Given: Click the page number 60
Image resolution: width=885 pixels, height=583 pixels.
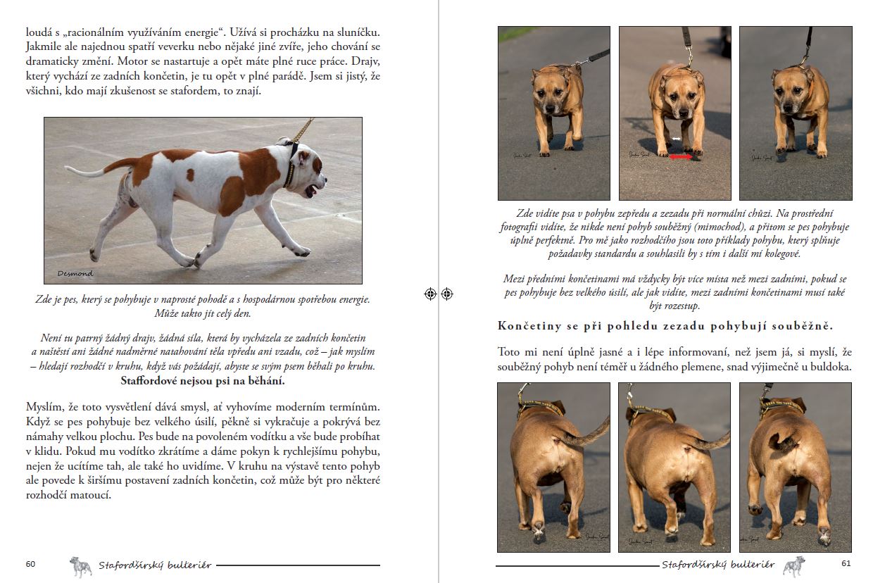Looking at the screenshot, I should pos(30,564).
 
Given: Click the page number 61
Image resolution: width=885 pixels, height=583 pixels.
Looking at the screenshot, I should pos(846,564).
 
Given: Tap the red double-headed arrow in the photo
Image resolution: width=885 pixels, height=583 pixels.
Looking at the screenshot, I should pos(680,158).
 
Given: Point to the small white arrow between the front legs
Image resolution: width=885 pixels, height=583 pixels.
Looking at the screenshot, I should pos(676,139).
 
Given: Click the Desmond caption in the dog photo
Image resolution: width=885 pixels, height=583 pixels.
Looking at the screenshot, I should pos(75,273).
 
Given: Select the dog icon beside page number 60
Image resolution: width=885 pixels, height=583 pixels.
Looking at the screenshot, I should pos(81,566).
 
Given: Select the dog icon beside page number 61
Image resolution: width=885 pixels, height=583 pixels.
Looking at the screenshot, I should pos(794,566).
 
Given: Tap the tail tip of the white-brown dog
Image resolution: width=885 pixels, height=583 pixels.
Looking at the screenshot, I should pos(68,169).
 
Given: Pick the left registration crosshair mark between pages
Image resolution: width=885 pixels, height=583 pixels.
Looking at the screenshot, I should pos(431,294).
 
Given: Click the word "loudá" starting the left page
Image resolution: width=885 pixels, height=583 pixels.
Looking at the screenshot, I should pos(39,32).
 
